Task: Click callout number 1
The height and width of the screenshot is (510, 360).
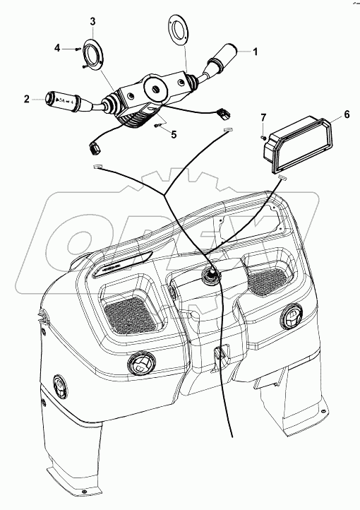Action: click(256, 51)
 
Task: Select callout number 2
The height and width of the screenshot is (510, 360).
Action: click(26, 100)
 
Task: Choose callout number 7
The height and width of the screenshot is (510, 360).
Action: click(263, 116)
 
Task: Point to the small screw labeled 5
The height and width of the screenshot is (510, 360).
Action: click(157, 126)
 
